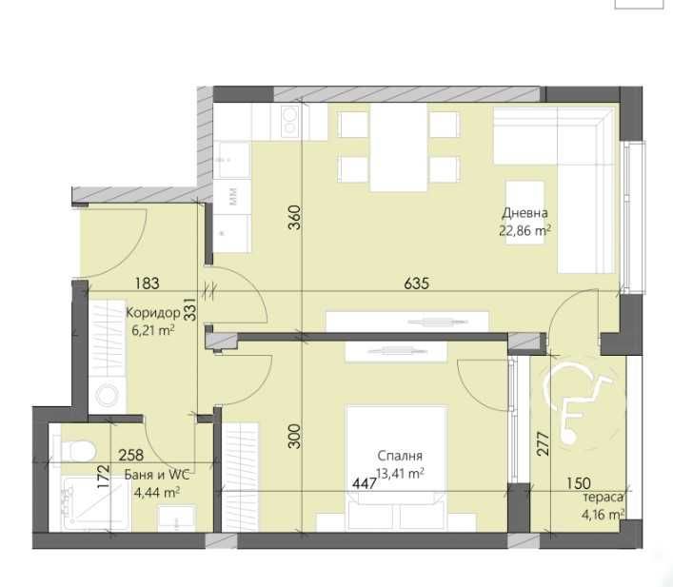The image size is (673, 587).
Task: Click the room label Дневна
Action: [525, 214]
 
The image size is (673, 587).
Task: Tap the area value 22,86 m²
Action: [525, 229]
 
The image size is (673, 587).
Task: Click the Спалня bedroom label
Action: [398, 456]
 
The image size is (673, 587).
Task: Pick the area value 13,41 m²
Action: [398, 472]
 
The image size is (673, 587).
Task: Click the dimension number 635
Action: [417, 283]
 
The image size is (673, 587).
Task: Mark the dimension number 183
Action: [147, 283]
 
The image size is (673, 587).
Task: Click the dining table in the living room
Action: [396, 148]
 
